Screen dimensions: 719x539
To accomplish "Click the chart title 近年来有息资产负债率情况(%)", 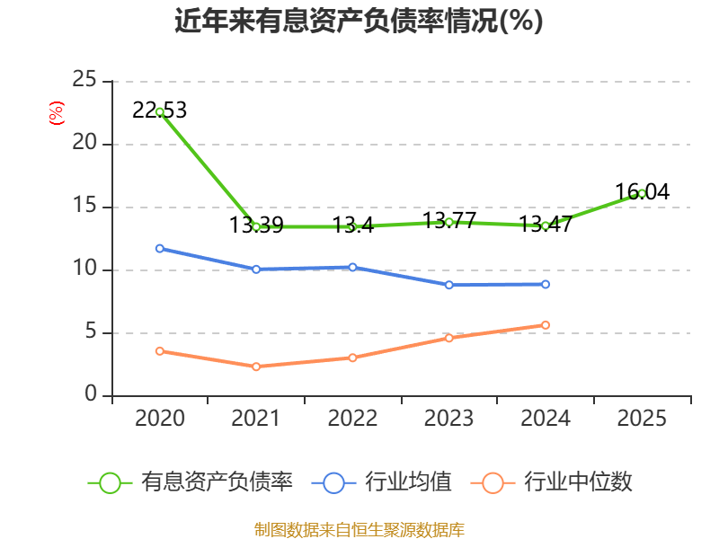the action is coord(359,21).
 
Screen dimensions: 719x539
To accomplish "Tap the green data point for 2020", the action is coord(160,111).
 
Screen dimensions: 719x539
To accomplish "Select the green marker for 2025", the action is coord(642,194).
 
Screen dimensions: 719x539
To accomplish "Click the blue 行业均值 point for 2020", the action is coord(160,249).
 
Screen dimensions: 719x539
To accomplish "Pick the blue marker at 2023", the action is coord(448,285).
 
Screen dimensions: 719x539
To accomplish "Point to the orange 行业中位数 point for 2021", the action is coord(256,367).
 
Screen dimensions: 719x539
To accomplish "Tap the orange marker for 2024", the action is coord(546,325).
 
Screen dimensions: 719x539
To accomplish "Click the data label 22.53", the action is coord(160,110).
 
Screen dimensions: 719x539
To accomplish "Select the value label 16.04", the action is coord(642,191).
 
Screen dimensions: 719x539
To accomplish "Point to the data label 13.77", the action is coord(449,220).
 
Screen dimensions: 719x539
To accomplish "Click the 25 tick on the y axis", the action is coord(84,79).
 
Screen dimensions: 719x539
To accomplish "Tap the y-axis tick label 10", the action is coord(84,268).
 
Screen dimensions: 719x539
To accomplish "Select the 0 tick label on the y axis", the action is coord(91,393).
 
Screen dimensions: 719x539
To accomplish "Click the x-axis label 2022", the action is coord(352,419).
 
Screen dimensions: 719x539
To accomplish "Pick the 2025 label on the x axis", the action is coord(642,419).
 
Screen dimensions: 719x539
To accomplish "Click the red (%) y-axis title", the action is coord(57,113).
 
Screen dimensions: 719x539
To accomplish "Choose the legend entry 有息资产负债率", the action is coord(191,482).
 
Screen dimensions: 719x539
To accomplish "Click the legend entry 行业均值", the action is coord(381,482).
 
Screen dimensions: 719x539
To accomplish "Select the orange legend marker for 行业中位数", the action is coord(493,483).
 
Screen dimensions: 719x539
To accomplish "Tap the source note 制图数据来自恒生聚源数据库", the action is coord(359,530).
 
